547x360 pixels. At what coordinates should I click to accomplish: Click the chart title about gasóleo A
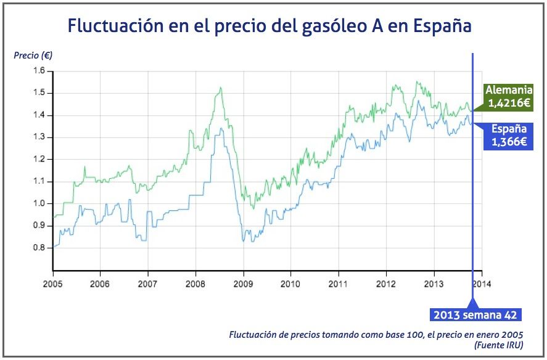[269, 27]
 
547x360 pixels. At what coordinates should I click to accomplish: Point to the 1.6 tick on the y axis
[39, 71]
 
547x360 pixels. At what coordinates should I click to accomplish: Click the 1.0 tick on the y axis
[39, 203]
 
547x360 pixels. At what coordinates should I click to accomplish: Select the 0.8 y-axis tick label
[39, 248]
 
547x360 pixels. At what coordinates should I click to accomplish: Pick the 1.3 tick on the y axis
[39, 137]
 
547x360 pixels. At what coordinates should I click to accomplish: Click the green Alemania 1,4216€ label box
[509, 97]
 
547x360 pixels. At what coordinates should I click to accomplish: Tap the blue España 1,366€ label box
[509, 136]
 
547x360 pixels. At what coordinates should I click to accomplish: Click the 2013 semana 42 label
[474, 315]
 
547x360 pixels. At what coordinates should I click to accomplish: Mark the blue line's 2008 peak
[220, 128]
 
